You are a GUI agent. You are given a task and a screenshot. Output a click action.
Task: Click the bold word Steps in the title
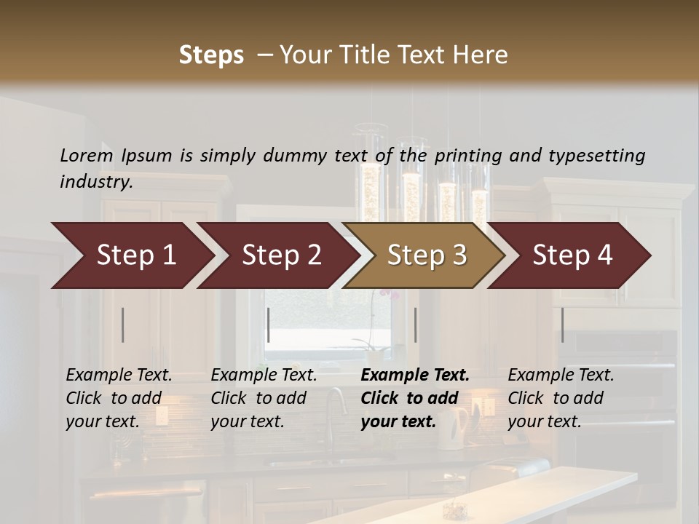click(211, 55)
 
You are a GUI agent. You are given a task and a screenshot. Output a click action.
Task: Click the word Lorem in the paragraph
click(87, 155)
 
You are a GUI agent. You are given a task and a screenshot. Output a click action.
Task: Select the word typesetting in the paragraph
click(597, 155)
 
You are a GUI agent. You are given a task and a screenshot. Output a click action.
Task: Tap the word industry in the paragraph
click(96, 182)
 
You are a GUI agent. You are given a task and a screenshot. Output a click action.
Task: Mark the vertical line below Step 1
click(123, 325)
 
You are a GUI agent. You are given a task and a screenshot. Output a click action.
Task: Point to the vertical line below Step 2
click(269, 325)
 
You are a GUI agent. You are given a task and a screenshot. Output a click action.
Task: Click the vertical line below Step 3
click(415, 325)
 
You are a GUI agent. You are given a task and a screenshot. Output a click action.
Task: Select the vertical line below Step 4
click(562, 325)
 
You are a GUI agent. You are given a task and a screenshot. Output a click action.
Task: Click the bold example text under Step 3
click(414, 398)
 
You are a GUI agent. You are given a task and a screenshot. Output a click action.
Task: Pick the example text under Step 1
click(119, 398)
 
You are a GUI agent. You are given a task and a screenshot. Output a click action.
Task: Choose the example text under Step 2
click(264, 398)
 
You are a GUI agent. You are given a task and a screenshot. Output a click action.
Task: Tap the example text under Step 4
click(561, 398)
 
